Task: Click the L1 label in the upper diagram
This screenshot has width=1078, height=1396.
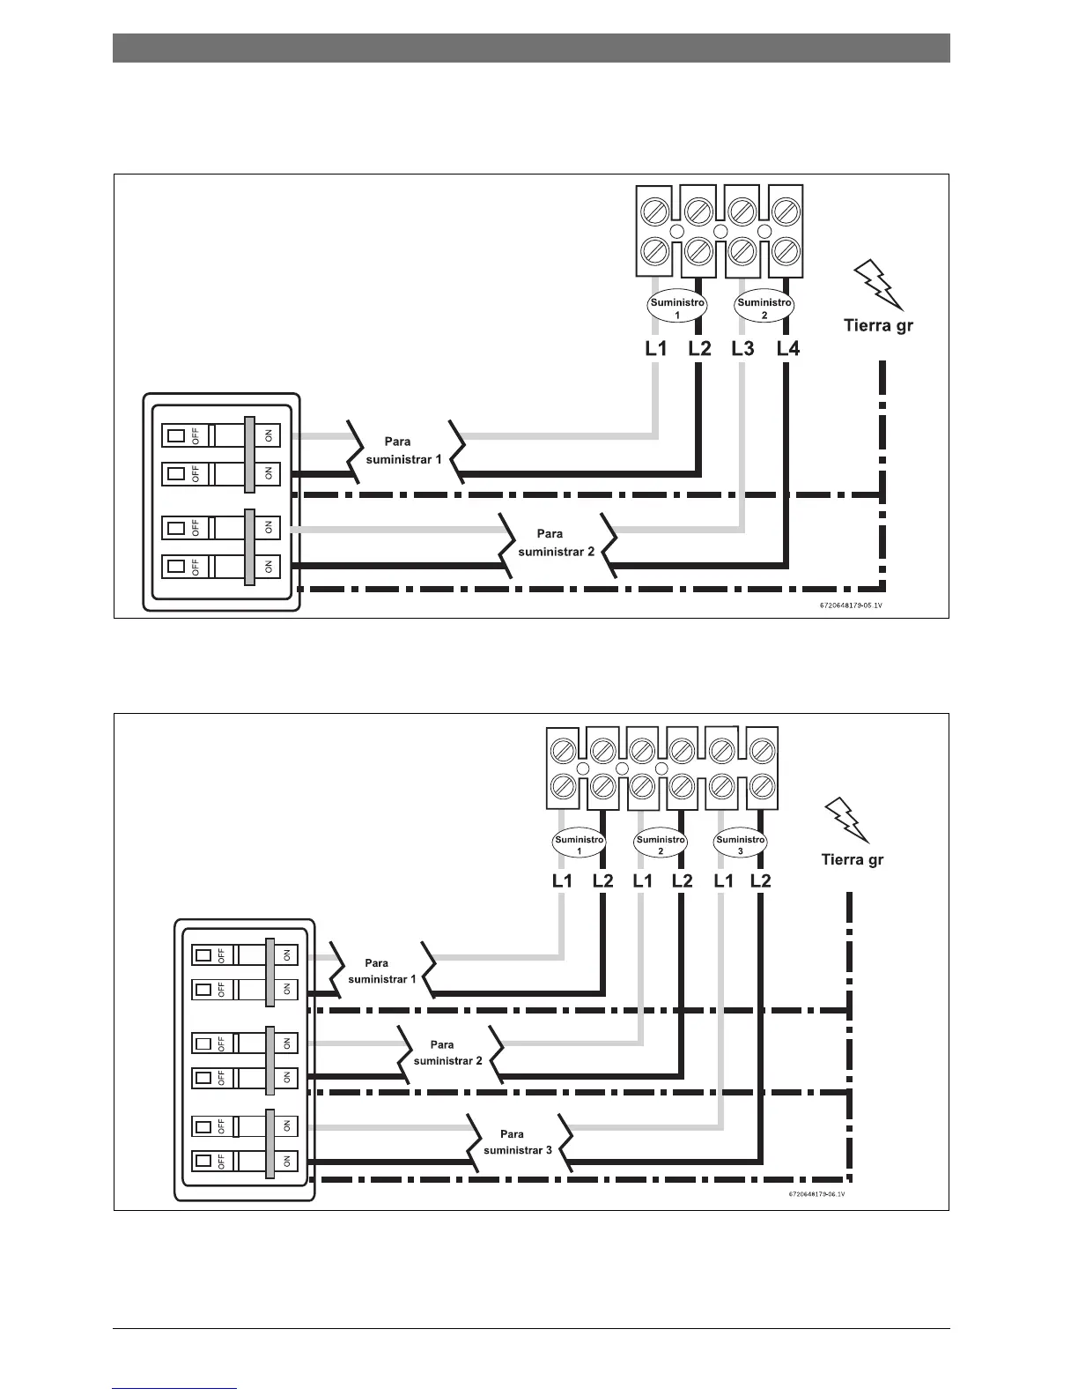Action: (656, 349)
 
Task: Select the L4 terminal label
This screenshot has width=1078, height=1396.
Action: (788, 349)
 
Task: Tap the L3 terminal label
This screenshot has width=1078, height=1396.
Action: (743, 349)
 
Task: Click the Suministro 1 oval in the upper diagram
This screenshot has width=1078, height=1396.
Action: (677, 308)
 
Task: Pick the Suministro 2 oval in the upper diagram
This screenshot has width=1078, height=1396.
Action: (764, 308)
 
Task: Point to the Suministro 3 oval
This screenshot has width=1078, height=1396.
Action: (740, 844)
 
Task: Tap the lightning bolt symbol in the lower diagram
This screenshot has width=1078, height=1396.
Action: (848, 820)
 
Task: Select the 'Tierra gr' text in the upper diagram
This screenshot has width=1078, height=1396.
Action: (879, 325)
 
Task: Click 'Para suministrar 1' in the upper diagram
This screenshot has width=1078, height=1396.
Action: (402, 450)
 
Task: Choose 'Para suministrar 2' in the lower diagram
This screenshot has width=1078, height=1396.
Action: (447, 1052)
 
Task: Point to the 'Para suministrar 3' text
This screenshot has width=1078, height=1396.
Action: (518, 1142)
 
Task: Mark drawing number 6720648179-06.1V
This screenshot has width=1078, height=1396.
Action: (816, 1194)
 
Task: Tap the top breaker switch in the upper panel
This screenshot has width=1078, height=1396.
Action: (221, 434)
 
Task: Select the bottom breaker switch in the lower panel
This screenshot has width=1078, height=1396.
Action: (245, 1160)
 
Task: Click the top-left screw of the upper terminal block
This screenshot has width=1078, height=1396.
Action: (654, 211)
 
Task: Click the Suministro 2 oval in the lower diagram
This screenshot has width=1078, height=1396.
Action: (661, 844)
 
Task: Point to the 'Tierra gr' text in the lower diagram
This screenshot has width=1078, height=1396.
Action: (852, 859)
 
